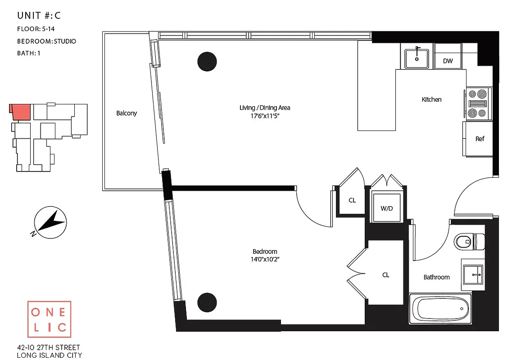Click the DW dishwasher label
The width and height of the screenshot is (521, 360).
pos(448,61)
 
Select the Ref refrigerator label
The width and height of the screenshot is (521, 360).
pos(480,139)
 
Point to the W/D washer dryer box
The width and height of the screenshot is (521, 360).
pos(386,208)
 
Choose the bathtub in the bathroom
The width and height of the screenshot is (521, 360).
pos(440,309)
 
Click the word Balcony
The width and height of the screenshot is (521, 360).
pos(127,113)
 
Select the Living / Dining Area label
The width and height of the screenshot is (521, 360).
pos(265,108)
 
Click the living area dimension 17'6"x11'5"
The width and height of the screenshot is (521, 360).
pos(265,116)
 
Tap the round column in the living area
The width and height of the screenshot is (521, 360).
pos(207,61)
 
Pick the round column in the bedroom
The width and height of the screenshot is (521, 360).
pos(207,302)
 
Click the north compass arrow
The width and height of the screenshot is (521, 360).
pos(51,222)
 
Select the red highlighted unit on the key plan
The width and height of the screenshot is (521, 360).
pos(21,111)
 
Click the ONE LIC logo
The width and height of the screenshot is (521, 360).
pos(49,319)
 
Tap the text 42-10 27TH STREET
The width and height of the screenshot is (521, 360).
pos(48,347)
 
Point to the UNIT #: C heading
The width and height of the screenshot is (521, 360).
pos(39,16)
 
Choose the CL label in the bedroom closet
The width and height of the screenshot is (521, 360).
pos(385,275)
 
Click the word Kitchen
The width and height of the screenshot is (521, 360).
pos(431,99)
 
